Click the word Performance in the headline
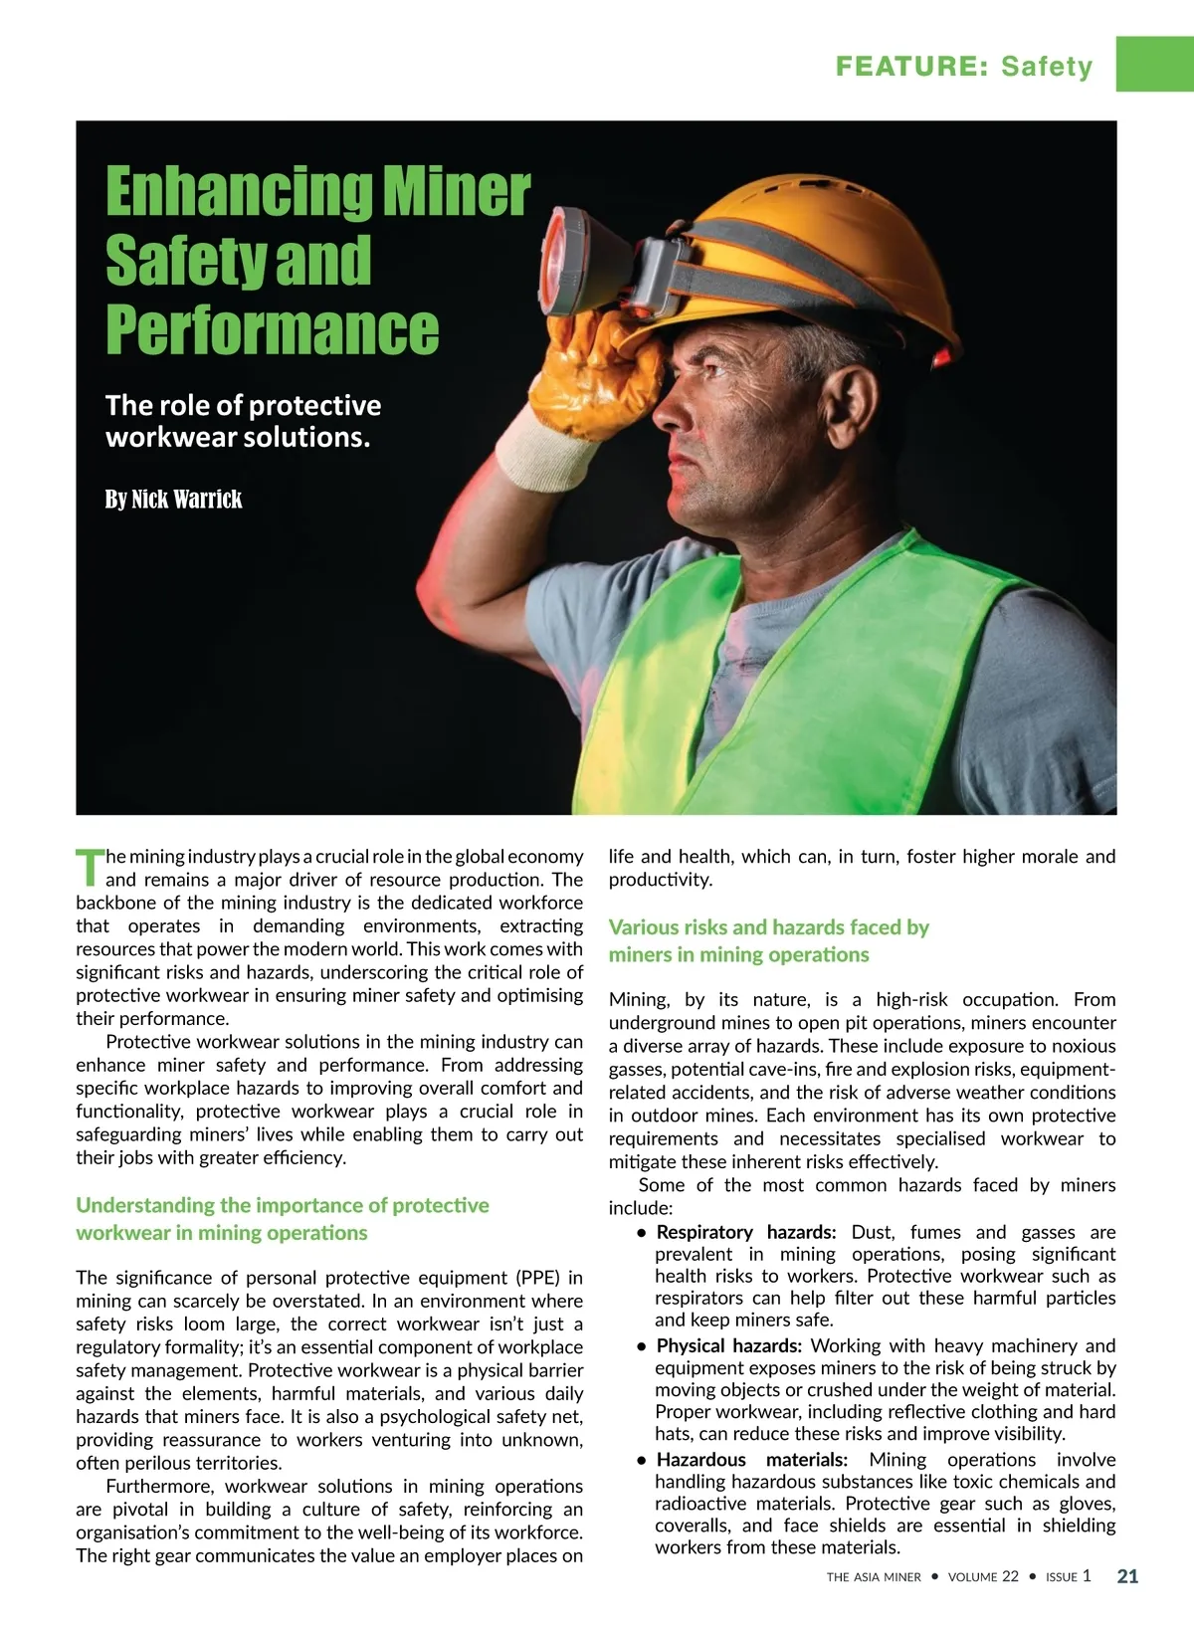272,329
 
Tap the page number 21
1127,1576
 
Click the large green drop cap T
90,867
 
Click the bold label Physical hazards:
728,1345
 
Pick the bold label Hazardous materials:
751,1460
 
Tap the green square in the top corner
1154,64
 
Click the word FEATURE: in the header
911,67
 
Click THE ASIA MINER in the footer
874,1577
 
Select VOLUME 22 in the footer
983,1577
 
